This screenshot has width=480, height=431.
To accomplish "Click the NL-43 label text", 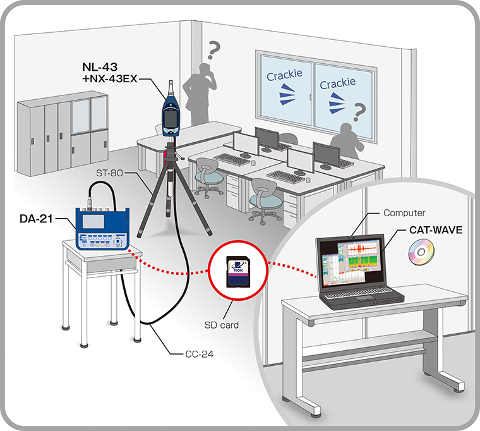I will pos(102,68).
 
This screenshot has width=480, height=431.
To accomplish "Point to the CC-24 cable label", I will pos(196,353).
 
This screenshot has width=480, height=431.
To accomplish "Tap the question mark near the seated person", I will pos(361,113).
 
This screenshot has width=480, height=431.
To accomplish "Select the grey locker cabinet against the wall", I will pos(62,135).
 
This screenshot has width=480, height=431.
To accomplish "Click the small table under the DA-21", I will pos(101,278).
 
